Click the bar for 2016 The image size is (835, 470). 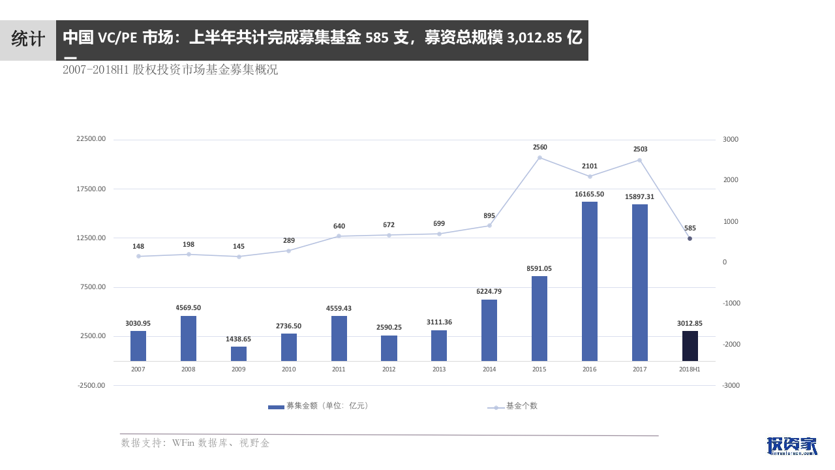[x=590, y=281]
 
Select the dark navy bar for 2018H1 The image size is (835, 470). [x=690, y=346]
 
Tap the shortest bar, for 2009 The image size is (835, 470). [x=239, y=354]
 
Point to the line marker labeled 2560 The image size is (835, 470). [x=539, y=157]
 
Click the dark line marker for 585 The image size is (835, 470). [x=690, y=238]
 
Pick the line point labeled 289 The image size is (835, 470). [x=289, y=251]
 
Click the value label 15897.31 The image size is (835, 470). [x=639, y=196]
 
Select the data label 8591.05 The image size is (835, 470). [x=539, y=268]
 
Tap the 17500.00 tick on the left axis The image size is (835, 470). [x=91, y=189]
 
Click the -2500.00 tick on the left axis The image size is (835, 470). [x=91, y=385]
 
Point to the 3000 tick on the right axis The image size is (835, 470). [x=731, y=140]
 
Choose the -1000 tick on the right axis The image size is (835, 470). [x=730, y=304]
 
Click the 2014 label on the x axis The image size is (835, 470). [x=489, y=369]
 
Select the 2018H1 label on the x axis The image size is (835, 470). [x=690, y=369]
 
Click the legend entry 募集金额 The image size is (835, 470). [x=320, y=406]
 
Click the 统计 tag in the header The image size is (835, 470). [x=27, y=40]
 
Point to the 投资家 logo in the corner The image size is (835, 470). [x=792, y=446]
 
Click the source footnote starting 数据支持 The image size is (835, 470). [x=195, y=443]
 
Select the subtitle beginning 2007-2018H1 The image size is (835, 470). [x=170, y=70]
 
